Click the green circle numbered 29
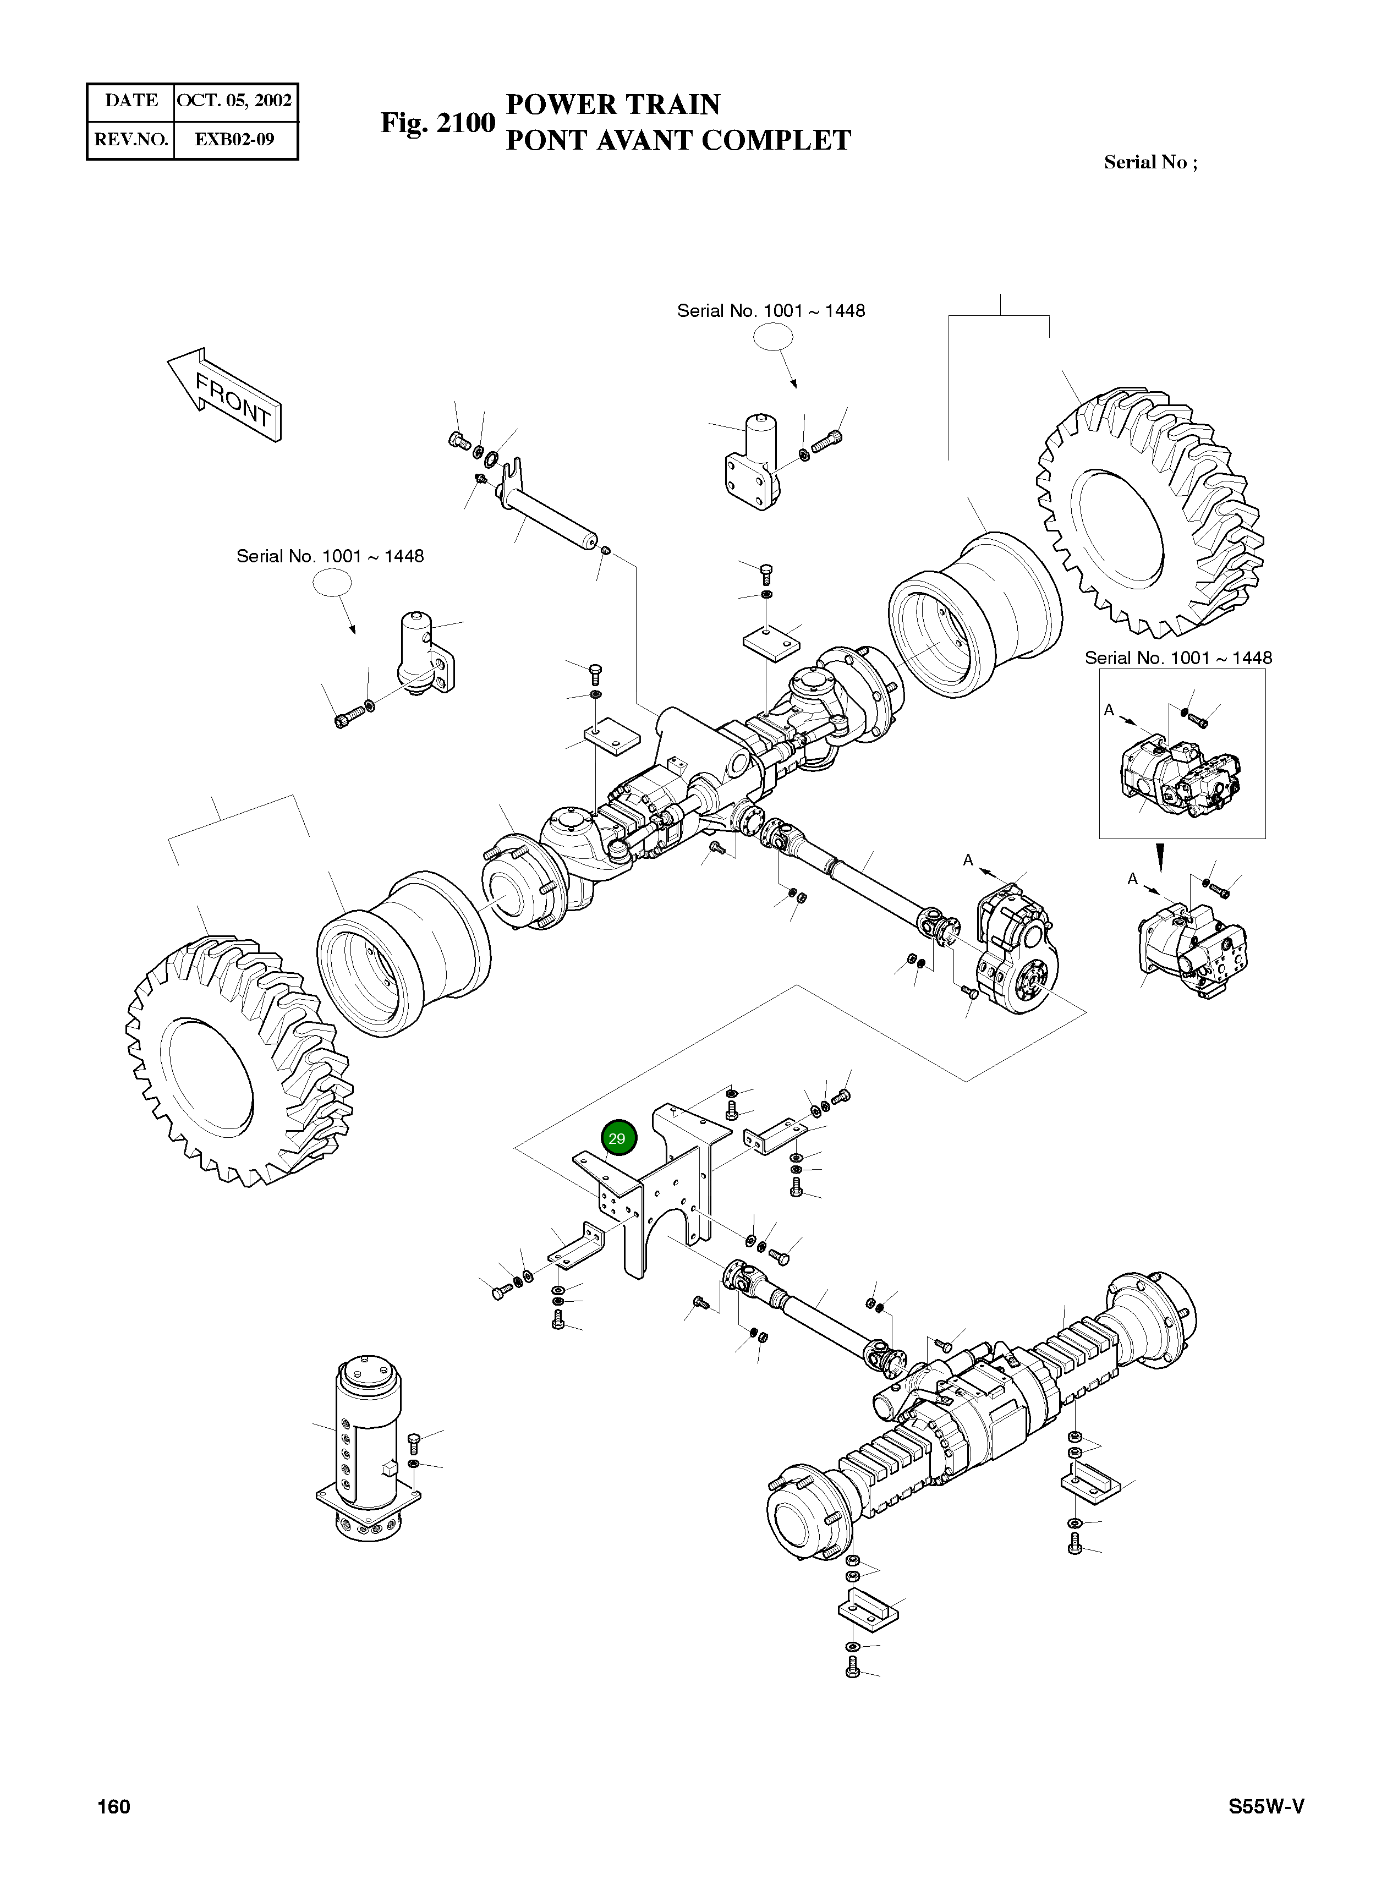(619, 1138)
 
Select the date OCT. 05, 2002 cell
(234, 101)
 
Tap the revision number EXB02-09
(234, 139)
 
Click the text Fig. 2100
(437, 123)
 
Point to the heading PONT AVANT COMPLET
(678, 140)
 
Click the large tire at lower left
(235, 1062)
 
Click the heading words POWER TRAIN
(613, 104)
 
